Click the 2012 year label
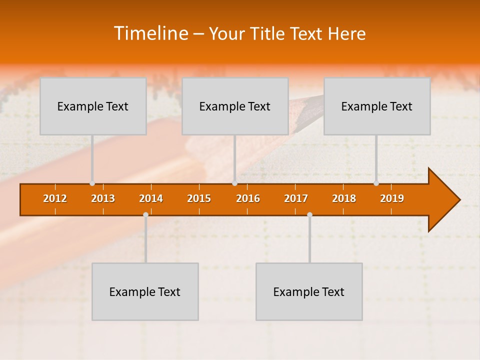click(55, 198)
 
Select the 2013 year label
click(103, 198)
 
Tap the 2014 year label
click(151, 198)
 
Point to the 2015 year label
click(199, 198)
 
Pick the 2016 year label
click(248, 198)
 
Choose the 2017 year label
click(296, 198)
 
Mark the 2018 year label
click(344, 198)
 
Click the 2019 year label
click(392, 198)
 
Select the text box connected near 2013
click(93, 106)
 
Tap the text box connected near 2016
click(235, 106)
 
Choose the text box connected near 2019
click(377, 106)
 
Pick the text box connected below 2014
click(145, 291)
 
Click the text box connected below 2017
click(309, 291)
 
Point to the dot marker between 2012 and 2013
click(92, 183)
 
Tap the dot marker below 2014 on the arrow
click(145, 215)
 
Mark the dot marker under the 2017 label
click(309, 215)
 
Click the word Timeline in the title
click(150, 33)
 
